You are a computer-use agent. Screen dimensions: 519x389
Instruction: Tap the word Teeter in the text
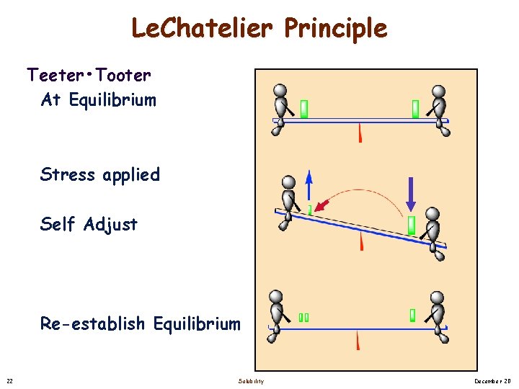pyautogui.click(x=55, y=74)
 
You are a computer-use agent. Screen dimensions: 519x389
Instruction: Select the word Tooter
pyautogui.click(x=123, y=74)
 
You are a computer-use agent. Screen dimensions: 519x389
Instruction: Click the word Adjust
pyautogui.click(x=110, y=224)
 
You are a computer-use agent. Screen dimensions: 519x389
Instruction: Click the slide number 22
pyautogui.click(x=9, y=380)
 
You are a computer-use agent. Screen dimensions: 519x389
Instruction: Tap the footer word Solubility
pyautogui.click(x=251, y=380)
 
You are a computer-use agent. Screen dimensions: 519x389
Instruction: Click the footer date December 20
pyautogui.click(x=493, y=380)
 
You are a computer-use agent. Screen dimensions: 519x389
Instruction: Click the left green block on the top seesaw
pyautogui.click(x=304, y=109)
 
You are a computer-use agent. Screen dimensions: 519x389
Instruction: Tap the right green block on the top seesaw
pyautogui.click(x=415, y=109)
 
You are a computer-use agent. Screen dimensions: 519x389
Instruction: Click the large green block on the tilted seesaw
pyautogui.click(x=411, y=225)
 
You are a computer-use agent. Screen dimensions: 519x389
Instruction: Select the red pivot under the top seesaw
pyautogui.click(x=360, y=133)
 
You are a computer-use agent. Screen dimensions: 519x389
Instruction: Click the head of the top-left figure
pyautogui.click(x=280, y=91)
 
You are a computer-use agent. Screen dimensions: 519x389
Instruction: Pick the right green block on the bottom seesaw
pyautogui.click(x=413, y=315)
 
